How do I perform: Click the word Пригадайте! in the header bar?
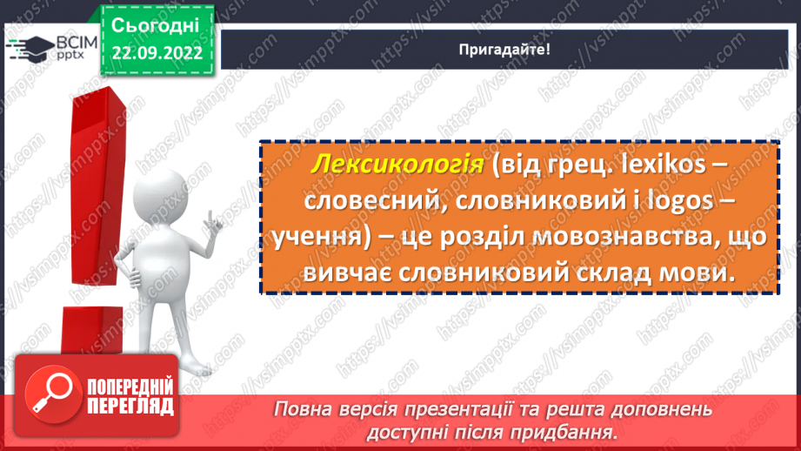tap(504, 50)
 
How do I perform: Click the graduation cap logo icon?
tap(28, 48)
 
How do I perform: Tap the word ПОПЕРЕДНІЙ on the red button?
tap(130, 386)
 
